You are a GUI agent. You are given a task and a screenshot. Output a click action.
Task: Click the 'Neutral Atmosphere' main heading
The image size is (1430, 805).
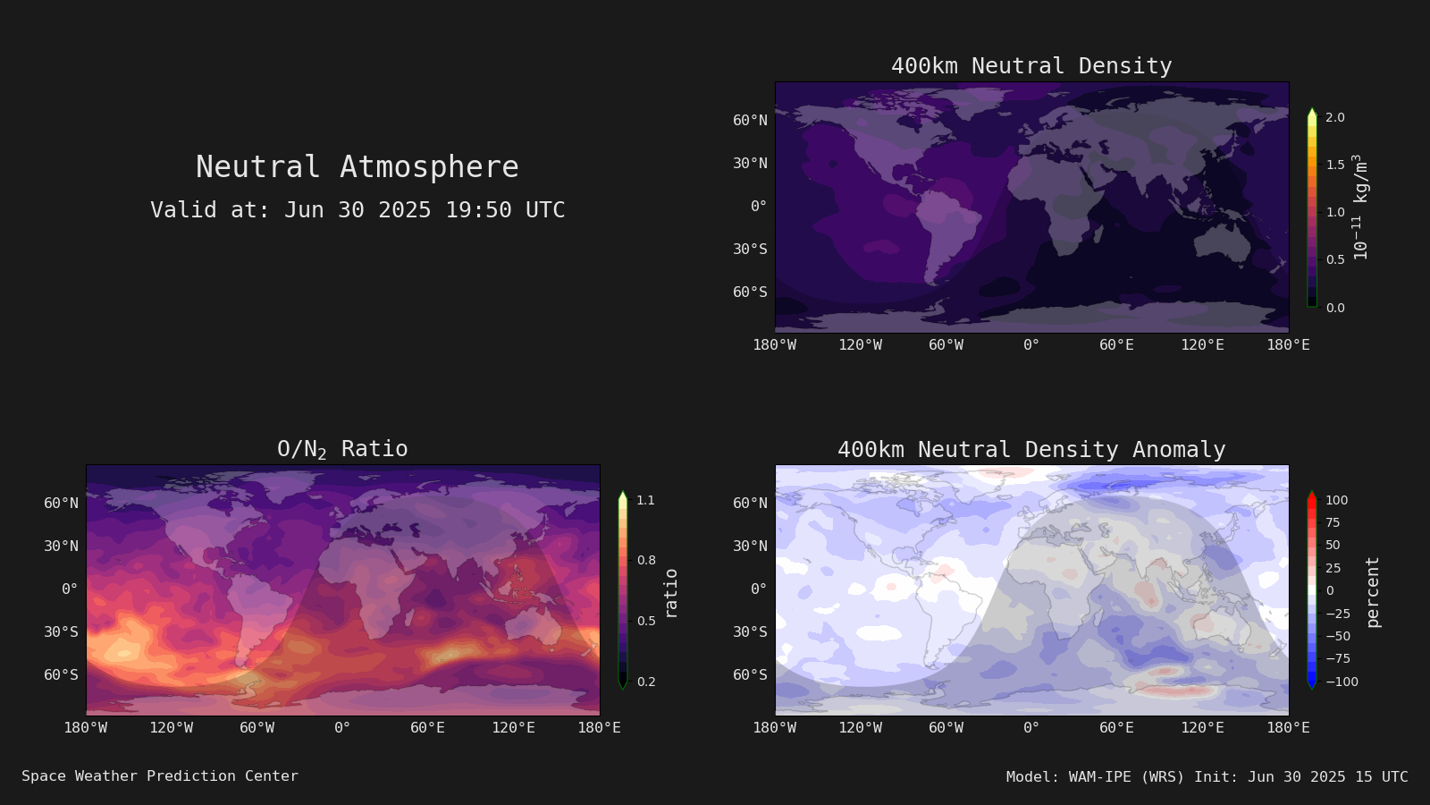pos(357,166)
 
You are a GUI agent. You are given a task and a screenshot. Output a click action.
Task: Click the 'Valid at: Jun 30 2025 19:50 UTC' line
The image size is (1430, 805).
pos(357,209)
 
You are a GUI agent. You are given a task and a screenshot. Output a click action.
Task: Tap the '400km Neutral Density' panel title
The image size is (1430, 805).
pos(1031,66)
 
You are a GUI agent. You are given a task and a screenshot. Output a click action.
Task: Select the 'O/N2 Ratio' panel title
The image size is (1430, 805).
pos(342,449)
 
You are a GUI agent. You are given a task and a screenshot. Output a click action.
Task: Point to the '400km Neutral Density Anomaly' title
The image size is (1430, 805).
pos(1031,449)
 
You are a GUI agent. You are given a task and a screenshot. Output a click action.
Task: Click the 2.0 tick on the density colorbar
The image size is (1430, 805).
pos(1335,117)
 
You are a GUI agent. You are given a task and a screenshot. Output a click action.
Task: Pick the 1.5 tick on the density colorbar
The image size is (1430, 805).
pos(1335,165)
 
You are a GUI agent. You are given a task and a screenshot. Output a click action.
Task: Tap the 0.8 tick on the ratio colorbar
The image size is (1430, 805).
pos(646,560)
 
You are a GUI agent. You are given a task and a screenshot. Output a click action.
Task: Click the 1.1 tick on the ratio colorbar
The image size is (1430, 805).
pos(645,500)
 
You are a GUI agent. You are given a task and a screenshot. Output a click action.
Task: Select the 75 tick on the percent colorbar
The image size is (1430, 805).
pos(1333,522)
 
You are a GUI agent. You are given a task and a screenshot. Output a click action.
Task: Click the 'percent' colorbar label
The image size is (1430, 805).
pos(1373,592)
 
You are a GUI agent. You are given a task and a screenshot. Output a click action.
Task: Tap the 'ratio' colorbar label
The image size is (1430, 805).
pos(670,593)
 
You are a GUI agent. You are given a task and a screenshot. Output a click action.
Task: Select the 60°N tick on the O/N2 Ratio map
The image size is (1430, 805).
pos(61,503)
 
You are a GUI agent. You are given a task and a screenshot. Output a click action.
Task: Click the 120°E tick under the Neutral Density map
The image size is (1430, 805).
pos(1202,345)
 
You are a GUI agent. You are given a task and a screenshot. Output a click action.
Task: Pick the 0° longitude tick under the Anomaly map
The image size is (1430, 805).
pos(1031,728)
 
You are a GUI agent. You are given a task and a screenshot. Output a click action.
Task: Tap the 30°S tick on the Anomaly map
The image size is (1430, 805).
pos(750,631)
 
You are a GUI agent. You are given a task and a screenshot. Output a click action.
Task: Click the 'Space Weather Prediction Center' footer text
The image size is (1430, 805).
pos(160,776)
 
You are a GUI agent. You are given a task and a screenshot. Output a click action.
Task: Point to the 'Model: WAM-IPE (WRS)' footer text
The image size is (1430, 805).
pos(1095,777)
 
